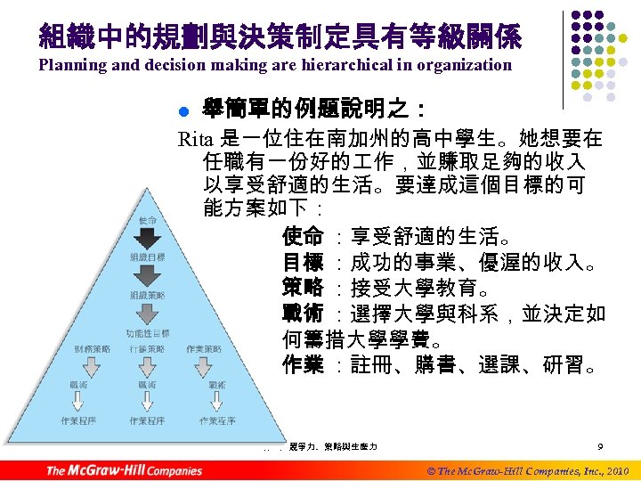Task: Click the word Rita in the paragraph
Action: click(195, 139)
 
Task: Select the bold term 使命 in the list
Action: click(302, 237)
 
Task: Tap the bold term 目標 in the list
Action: click(302, 263)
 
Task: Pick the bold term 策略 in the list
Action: click(302, 289)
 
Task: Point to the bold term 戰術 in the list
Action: click(302, 314)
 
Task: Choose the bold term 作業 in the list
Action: click(302, 365)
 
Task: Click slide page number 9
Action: click(601, 446)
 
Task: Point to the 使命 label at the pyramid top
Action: click(148, 220)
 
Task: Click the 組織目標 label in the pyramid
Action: click(147, 257)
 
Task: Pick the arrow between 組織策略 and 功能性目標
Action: click(147, 314)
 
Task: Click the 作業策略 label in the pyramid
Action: click(205, 349)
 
